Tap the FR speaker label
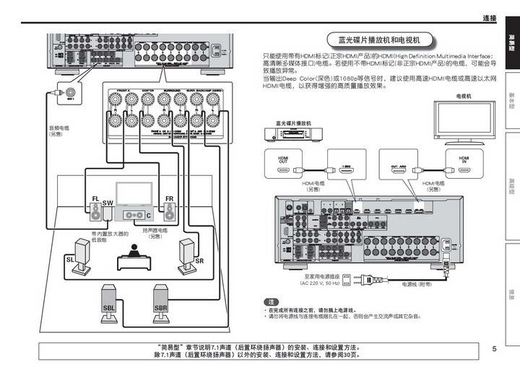[x=169, y=198]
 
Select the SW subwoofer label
[x=108, y=204]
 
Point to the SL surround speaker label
[x=70, y=258]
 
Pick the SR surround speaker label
[x=199, y=260]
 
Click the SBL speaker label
[x=108, y=308]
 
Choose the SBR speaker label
[x=160, y=308]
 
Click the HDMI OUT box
[x=282, y=160]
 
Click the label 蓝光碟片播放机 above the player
[x=288, y=123]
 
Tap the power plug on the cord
[x=365, y=276]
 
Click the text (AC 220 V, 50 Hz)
[x=318, y=283]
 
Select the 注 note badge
[x=271, y=301]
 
